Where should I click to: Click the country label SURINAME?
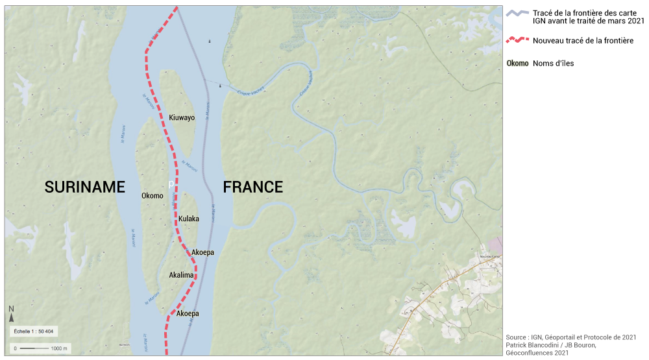pyautogui.click(x=84, y=187)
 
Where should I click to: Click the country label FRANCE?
pyautogui.click(x=253, y=187)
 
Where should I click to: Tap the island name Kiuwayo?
pyautogui.click(x=182, y=117)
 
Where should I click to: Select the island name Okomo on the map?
pyautogui.click(x=152, y=195)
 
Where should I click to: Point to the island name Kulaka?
pyautogui.click(x=189, y=219)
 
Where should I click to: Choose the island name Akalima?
pyautogui.click(x=181, y=275)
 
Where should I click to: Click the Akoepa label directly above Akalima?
pyautogui.click(x=203, y=252)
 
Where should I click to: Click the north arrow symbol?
pyautogui.click(x=12, y=318)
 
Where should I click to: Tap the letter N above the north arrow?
pyautogui.click(x=12, y=309)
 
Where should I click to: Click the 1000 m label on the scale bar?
pyautogui.click(x=60, y=348)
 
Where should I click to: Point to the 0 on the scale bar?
pyautogui.click(x=14, y=348)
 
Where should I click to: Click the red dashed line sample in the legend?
pyautogui.click(x=517, y=40)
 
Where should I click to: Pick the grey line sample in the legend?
pyautogui.click(x=517, y=14)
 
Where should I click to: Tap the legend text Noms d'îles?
pyautogui.click(x=553, y=64)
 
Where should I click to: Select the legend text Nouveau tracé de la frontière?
pyautogui.click(x=583, y=40)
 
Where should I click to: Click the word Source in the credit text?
pyautogui.click(x=517, y=337)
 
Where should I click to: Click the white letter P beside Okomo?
pyautogui.click(x=171, y=184)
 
